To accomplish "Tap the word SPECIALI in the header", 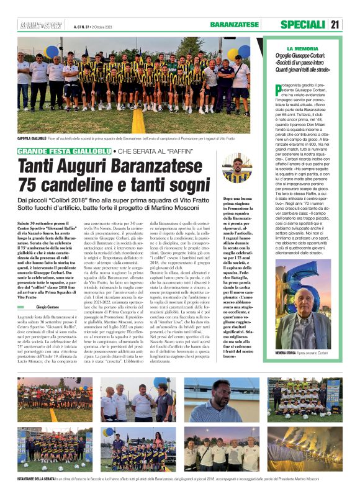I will click(303, 25).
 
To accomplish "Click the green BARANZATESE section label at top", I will click(234, 25).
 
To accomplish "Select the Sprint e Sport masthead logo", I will click(36, 25).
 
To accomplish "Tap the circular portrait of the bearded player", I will click(235, 169).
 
